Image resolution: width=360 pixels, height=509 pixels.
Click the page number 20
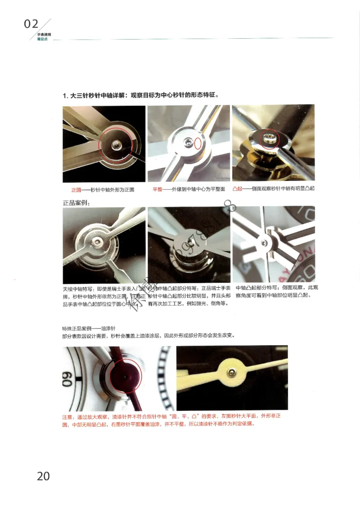[43, 476]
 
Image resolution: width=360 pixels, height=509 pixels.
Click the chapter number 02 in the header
[31, 24]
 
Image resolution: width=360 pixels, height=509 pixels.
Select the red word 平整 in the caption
[157, 189]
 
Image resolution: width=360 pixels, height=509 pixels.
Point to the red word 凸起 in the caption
[237, 189]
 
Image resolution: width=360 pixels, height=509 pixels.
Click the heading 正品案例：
[76, 203]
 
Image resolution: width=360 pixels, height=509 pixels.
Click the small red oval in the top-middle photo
[198, 144]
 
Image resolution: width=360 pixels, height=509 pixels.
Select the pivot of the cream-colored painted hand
[231, 372]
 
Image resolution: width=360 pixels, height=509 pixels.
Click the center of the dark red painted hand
[123, 375]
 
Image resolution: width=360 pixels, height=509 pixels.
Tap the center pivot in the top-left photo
[117, 144]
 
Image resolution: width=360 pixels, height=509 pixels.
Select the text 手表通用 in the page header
[44, 35]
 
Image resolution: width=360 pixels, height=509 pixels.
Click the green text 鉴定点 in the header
[42, 39]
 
